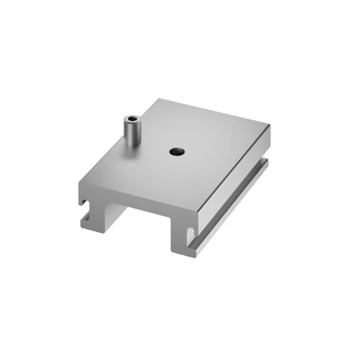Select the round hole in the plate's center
(x=173, y=150)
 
